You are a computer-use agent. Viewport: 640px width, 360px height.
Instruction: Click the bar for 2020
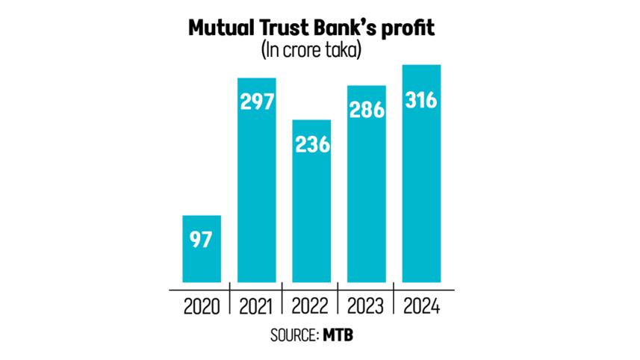(x=202, y=249)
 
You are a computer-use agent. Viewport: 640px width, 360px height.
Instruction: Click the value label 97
(x=202, y=240)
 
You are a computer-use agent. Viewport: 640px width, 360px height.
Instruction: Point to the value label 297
(x=256, y=102)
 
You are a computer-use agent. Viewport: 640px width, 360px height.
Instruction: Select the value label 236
(x=311, y=143)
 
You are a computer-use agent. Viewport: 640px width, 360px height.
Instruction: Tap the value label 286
(x=366, y=110)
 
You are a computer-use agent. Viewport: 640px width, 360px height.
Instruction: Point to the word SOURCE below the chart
(x=293, y=335)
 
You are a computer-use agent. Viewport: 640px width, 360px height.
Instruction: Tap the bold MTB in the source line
(x=338, y=335)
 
